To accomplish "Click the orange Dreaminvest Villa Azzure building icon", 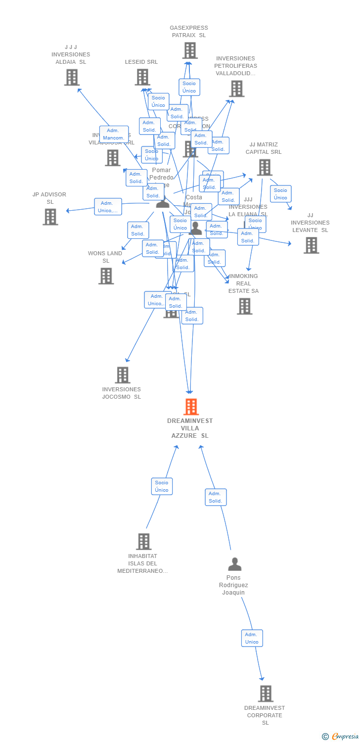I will click(191, 407).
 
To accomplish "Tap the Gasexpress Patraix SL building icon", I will click(190, 50).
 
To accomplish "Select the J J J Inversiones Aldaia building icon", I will click(72, 77).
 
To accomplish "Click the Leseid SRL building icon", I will click(142, 77).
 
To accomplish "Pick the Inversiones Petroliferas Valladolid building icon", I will click(236, 89).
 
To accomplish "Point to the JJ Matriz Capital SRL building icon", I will click(264, 167).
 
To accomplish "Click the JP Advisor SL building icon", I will click(50, 217).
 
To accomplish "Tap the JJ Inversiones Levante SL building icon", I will click(311, 245).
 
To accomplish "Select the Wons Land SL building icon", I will click(106, 276).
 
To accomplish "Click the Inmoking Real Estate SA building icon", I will click(244, 306).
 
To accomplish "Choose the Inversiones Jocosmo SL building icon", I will click(123, 375).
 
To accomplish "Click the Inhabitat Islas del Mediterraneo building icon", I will click(143, 542).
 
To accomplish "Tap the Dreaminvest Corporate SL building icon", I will click(266, 694).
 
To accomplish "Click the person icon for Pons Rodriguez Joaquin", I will click(234, 564).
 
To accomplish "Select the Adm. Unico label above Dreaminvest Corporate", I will click(252, 638).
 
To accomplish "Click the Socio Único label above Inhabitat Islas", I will click(162, 486).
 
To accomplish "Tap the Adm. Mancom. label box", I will click(114, 134).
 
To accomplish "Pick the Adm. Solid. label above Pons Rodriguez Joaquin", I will click(216, 497).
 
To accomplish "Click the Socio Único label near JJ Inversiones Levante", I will click(280, 194).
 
